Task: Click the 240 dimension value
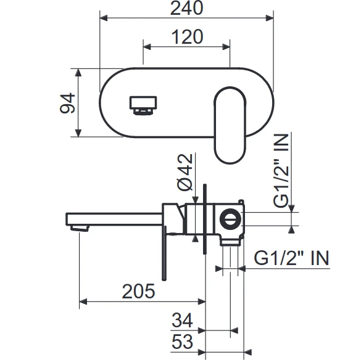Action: pyautogui.click(x=187, y=8)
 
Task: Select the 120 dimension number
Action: pyautogui.click(x=188, y=37)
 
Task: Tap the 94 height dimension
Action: pyautogui.click(x=67, y=103)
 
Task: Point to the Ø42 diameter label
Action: pyautogui.click(x=185, y=172)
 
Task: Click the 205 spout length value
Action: pyautogui.click(x=139, y=291)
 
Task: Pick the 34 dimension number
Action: pyautogui.click(x=182, y=320)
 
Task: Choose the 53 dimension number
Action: pyautogui.click(x=182, y=342)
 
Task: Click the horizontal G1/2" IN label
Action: pyautogui.click(x=291, y=258)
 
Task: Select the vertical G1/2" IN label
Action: pyautogui.click(x=281, y=171)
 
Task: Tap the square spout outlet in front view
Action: pyautogui.click(x=143, y=105)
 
